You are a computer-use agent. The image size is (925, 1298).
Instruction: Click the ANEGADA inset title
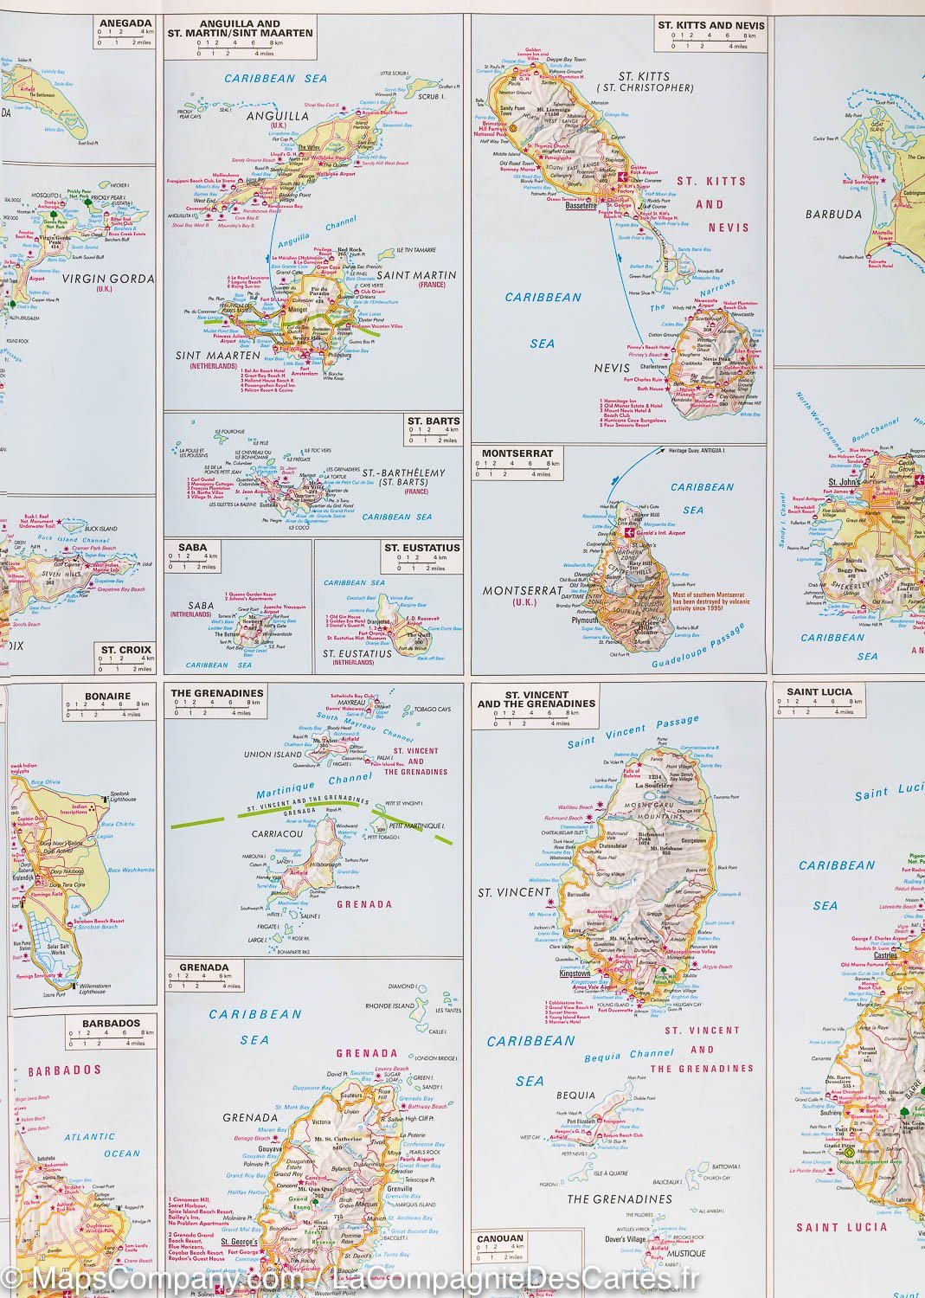click(125, 23)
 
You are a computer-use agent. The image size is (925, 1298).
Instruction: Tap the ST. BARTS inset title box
click(434, 421)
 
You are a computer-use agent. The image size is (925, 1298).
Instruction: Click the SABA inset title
click(191, 548)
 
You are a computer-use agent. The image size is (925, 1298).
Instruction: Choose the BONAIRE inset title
click(108, 696)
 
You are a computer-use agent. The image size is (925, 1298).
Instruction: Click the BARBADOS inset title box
click(111, 1023)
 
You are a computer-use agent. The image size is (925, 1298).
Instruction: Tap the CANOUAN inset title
click(500, 1238)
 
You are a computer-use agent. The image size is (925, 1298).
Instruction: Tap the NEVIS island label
click(611, 367)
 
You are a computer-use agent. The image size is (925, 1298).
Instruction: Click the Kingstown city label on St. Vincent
click(575, 973)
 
